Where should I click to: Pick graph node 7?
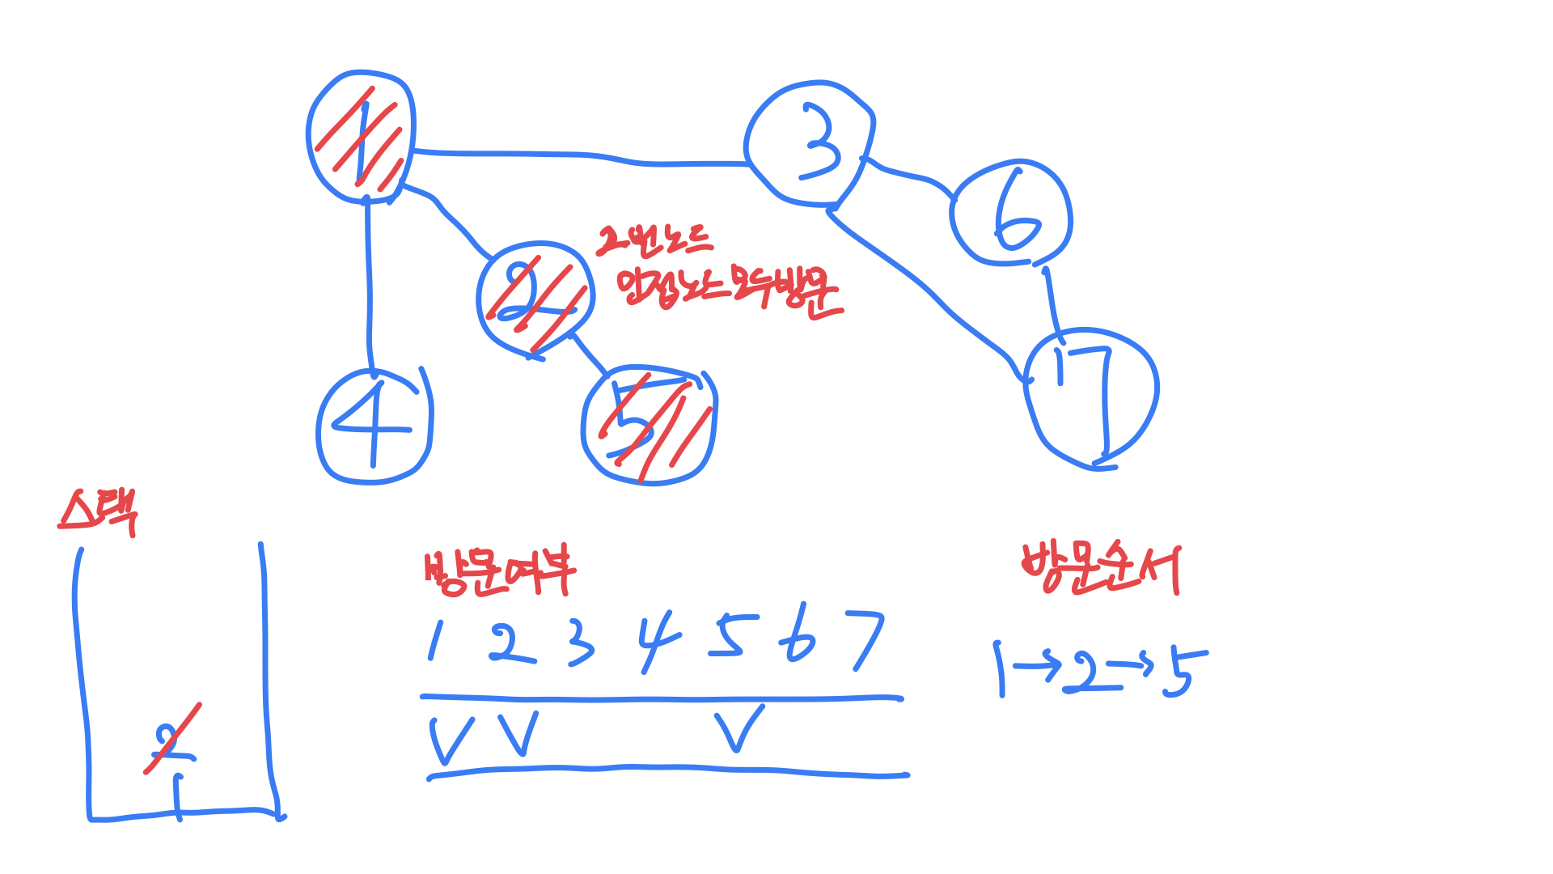coord(1091,397)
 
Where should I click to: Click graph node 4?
coord(373,426)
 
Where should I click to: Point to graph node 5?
coord(649,426)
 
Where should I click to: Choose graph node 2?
coord(535,299)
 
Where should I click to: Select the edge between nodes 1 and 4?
coord(369,283)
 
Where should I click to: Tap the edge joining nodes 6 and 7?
coord(1051,299)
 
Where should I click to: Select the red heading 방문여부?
coord(499,573)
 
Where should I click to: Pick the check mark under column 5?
coord(738,727)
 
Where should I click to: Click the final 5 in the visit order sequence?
coord(1183,672)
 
